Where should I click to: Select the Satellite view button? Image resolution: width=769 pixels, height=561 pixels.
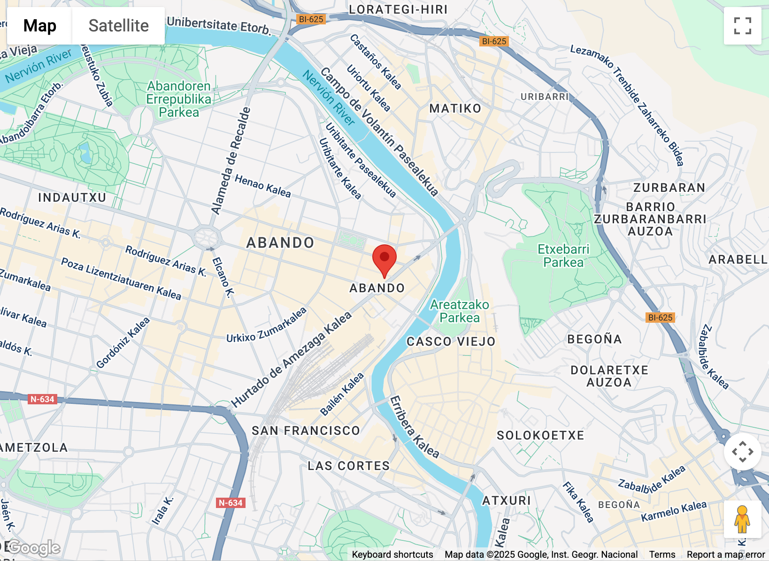click(x=118, y=26)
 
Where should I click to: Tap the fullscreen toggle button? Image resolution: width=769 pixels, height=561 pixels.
click(x=742, y=26)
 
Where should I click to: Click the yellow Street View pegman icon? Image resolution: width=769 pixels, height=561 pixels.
click(x=742, y=519)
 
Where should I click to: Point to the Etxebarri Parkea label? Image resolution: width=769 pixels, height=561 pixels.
click(x=563, y=256)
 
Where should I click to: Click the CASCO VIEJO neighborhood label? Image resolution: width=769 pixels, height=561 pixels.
click(x=451, y=341)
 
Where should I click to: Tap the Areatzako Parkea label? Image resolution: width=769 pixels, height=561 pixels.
click(x=459, y=311)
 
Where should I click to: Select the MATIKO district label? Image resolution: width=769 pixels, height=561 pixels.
click(x=455, y=109)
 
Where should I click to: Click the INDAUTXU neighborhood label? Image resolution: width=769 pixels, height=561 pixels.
click(x=72, y=197)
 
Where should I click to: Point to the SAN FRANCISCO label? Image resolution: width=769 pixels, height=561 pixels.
click(x=306, y=431)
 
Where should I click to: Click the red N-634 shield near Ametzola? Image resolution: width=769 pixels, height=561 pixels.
click(x=43, y=399)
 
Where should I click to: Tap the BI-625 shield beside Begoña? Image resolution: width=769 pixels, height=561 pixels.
click(x=660, y=318)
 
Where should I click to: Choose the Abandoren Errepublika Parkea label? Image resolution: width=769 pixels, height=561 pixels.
click(x=179, y=99)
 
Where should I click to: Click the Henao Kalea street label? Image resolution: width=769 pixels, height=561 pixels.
click(x=262, y=186)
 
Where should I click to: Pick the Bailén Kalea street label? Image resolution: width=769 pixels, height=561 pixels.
click(x=342, y=394)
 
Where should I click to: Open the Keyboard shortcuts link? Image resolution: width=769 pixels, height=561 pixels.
click(x=392, y=554)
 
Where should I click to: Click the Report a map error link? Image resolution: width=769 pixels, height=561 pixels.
click(x=725, y=554)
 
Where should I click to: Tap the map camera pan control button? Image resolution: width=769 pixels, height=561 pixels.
click(x=742, y=452)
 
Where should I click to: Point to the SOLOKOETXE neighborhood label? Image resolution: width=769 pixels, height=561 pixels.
click(x=540, y=435)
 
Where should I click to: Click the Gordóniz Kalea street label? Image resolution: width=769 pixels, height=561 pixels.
click(x=123, y=343)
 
